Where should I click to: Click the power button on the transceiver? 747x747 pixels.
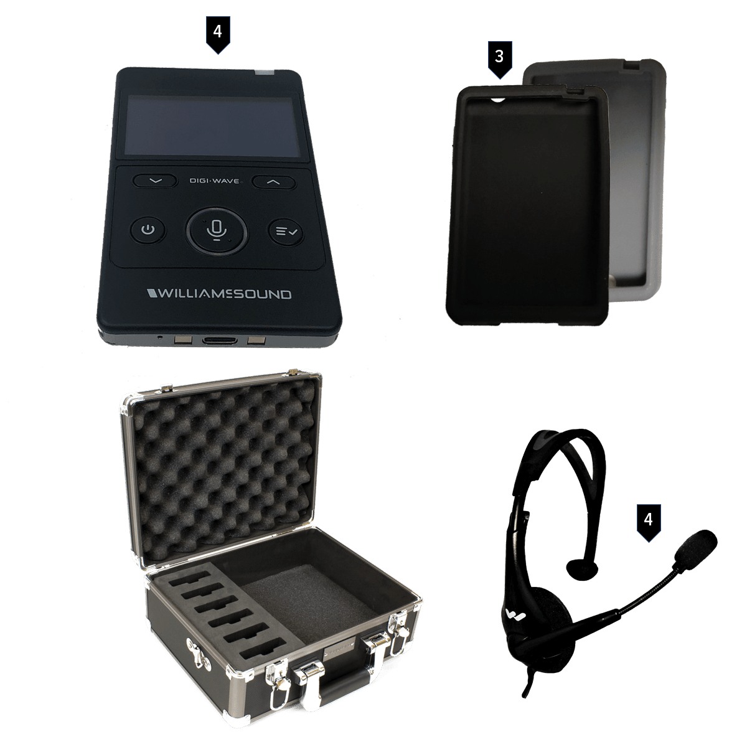(148, 230)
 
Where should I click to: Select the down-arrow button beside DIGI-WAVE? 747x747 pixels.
(156, 181)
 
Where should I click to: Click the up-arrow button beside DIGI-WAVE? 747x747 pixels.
(274, 182)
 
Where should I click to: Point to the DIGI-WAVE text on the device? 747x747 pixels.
(214, 181)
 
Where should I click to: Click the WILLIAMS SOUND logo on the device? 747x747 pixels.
(219, 294)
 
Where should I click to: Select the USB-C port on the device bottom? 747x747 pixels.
(219, 341)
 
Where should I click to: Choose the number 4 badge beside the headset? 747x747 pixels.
(649, 522)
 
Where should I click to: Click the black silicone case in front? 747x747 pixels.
(527, 205)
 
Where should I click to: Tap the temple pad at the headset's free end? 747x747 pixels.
(582, 568)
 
